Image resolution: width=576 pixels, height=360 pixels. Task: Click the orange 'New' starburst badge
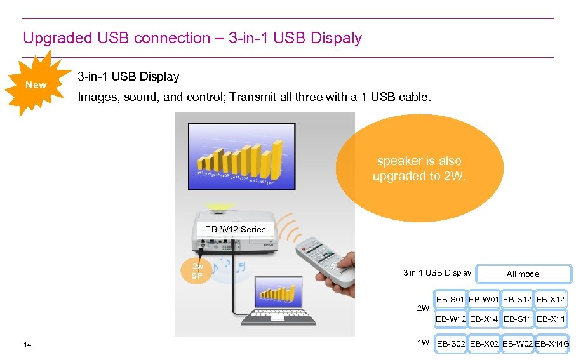(x=36, y=85)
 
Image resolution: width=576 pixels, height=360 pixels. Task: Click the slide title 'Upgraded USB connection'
(x=192, y=38)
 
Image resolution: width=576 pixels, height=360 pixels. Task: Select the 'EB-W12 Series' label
(x=235, y=229)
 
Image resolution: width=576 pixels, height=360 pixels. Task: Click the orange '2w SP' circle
(x=197, y=271)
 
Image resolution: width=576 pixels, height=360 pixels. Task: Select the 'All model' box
(x=524, y=274)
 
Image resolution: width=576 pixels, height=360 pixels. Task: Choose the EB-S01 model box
(x=450, y=298)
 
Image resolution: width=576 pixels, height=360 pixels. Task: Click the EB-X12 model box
(x=551, y=298)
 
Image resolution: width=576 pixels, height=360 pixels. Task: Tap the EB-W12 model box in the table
(x=450, y=319)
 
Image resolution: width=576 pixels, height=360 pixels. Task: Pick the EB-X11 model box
(x=551, y=319)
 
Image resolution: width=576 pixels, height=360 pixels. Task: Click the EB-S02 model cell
(x=450, y=344)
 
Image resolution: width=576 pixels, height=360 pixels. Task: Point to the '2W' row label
(x=422, y=309)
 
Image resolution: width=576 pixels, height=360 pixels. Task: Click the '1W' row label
(x=423, y=343)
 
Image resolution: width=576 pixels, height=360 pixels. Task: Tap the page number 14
(x=27, y=345)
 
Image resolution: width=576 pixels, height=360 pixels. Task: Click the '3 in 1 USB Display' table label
(x=437, y=273)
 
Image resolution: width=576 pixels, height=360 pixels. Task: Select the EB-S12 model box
(x=517, y=298)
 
